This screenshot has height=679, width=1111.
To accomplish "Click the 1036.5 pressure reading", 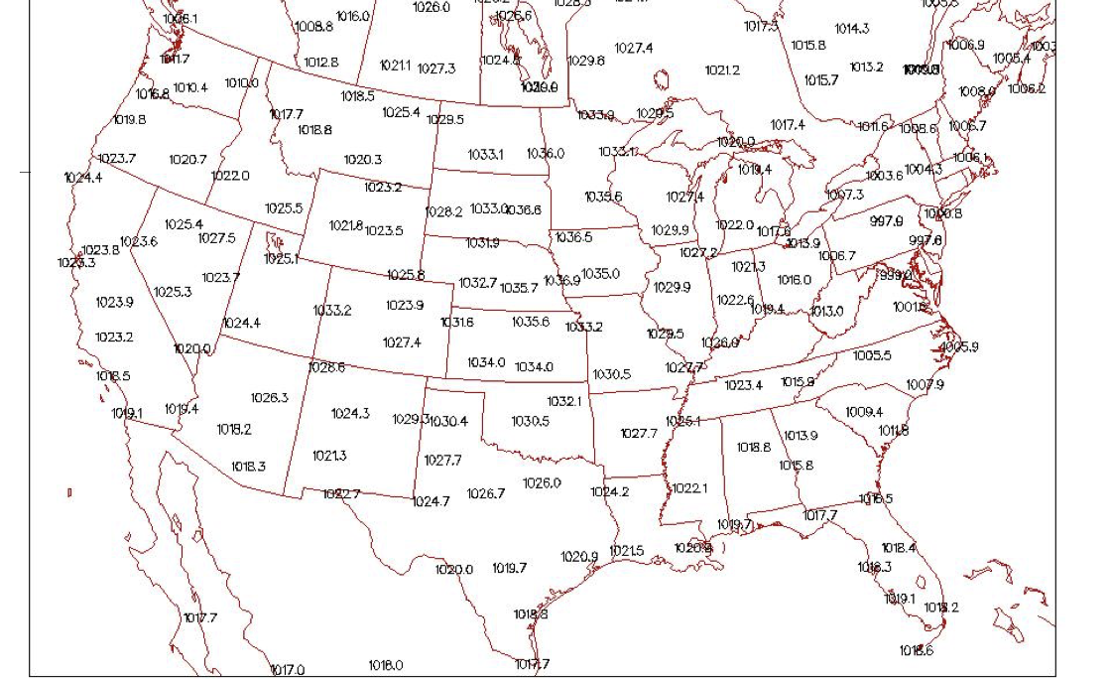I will tap(573, 237).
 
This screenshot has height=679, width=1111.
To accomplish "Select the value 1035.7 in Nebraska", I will tap(518, 288).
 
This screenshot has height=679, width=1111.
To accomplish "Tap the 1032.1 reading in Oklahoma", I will tap(564, 401).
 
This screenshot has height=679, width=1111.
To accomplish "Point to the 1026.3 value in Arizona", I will tap(269, 398).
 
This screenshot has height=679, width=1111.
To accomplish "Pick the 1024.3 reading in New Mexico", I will tap(350, 414).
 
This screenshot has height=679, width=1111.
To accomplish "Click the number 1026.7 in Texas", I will tap(486, 493).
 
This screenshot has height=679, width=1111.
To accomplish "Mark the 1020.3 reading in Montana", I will tap(363, 160).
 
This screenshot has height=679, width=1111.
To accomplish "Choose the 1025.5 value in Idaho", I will tap(284, 208).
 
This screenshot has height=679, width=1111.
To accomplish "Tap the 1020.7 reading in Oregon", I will tap(187, 160).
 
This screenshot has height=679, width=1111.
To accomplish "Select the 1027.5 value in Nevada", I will tap(216, 238).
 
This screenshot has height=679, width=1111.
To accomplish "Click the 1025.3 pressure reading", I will tap(173, 292).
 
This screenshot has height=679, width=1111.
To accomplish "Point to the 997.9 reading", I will tap(886, 221).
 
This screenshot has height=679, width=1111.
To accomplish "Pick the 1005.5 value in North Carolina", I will tap(872, 355).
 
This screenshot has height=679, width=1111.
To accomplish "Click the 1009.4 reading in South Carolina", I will tap(864, 412).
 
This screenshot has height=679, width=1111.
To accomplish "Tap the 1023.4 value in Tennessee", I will tap(743, 385).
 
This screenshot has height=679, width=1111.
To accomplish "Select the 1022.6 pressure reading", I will tap(735, 300).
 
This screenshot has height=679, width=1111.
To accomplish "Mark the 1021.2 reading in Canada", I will tap(722, 70).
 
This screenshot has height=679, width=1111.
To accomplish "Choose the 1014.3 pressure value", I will tap(851, 29).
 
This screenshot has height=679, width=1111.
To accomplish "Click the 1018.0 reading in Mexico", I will tap(386, 665).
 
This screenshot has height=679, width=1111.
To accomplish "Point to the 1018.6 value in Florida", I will tap(916, 650).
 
